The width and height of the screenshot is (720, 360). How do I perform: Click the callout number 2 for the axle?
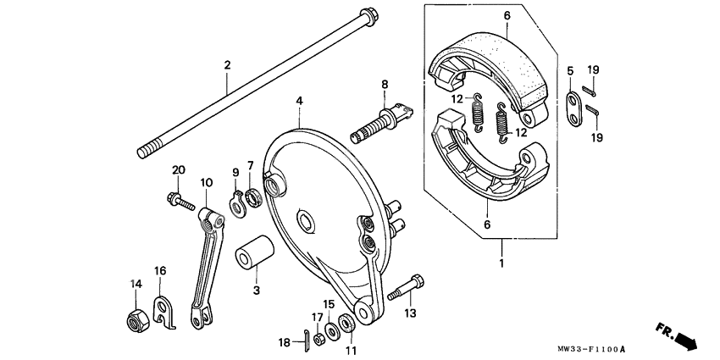coord(227,65)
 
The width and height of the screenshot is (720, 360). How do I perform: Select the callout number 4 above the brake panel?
coord(299,101)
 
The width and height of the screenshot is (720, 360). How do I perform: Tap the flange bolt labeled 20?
coord(180,202)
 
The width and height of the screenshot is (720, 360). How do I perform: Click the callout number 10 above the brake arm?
coord(205,182)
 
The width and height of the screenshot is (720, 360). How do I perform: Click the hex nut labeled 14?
coord(135,320)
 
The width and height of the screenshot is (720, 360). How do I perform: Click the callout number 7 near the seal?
coord(251,164)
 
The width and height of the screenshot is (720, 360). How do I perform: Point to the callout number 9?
coord(236,173)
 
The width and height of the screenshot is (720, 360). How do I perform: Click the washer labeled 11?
coord(347,326)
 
